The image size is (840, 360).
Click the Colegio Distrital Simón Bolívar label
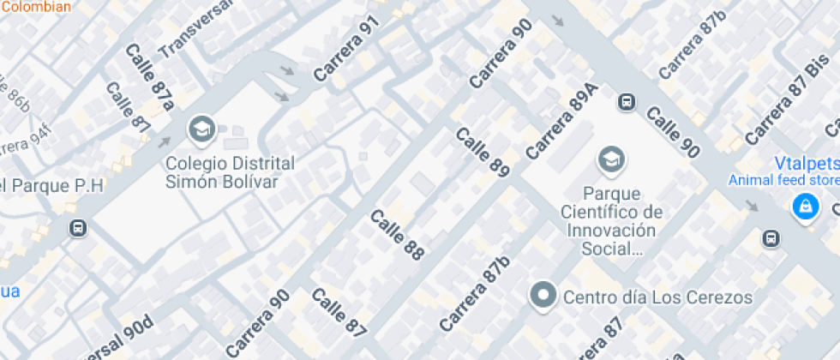coord(230,171)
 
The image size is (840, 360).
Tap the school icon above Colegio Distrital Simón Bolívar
coord(201,129)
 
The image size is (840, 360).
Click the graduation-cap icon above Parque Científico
coord(611,159)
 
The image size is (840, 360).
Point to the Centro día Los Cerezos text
coord(657,297)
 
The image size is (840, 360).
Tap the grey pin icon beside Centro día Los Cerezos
coord(542,297)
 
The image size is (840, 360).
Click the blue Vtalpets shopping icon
coord(804,206)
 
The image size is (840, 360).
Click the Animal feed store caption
coord(783,180)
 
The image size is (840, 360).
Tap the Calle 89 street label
coord(483,153)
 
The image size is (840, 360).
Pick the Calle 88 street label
coord(398,234)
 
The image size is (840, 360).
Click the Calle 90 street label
coord(673,134)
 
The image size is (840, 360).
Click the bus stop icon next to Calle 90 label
coord(627,102)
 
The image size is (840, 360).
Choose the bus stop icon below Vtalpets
coord(771,238)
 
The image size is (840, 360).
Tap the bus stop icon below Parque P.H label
coord(79,228)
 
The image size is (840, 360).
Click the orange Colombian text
coord(36,6)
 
